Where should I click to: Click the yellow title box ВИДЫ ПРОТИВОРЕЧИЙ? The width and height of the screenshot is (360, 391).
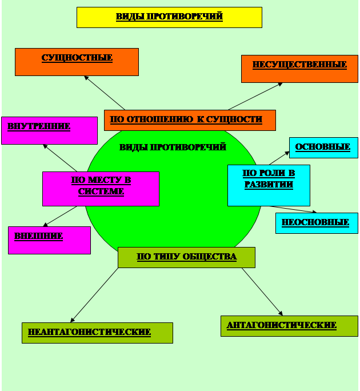click(169, 17)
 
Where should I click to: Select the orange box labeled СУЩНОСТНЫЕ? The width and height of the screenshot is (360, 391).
click(77, 62)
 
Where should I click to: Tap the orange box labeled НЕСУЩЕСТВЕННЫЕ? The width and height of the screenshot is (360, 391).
click(299, 69)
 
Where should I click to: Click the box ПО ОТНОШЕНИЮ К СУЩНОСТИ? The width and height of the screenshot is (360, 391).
click(190, 120)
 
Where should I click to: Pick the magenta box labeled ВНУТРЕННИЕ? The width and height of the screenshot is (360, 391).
click(49, 130)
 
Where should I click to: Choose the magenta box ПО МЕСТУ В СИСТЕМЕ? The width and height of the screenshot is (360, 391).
click(101, 189)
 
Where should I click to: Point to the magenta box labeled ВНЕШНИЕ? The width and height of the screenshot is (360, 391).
click(49, 240)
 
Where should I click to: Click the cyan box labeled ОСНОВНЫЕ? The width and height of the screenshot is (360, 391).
click(323, 147)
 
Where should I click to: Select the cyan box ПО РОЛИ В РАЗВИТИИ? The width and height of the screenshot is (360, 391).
click(269, 185)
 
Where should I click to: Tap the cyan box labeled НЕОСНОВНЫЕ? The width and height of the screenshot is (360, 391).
click(317, 223)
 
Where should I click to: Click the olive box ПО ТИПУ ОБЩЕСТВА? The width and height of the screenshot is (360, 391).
click(186, 257)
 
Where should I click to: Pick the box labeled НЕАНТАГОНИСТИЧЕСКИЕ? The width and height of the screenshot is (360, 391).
click(97, 333)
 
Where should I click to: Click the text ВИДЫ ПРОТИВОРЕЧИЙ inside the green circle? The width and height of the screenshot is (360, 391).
click(173, 147)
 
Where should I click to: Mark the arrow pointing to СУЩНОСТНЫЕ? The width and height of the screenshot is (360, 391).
click(104, 93)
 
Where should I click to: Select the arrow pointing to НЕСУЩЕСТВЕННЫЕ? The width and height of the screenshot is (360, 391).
click(255, 96)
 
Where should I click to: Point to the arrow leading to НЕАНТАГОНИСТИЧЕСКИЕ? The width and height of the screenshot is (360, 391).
click(94, 295)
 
